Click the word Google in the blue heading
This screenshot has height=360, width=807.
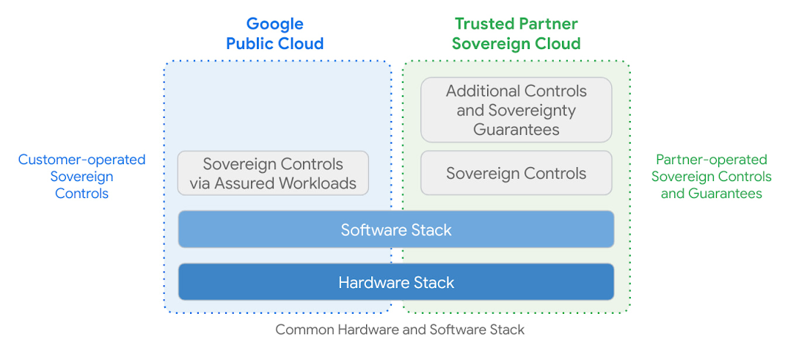(x=274, y=24)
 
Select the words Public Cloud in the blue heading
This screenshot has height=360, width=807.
(x=274, y=43)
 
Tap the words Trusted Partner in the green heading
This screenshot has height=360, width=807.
(x=516, y=24)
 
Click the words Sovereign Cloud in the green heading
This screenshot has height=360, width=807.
(x=516, y=43)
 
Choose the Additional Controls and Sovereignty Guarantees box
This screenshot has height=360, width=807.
(x=516, y=110)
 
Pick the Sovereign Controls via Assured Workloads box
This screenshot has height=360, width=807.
(x=273, y=174)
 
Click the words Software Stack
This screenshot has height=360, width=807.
(x=396, y=230)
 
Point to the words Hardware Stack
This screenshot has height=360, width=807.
(x=396, y=282)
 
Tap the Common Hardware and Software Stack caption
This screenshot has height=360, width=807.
(x=400, y=329)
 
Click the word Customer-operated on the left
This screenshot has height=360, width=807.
(x=81, y=160)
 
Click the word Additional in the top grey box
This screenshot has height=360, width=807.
(x=481, y=92)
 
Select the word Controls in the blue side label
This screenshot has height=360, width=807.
(x=81, y=194)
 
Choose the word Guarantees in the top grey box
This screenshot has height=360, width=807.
(x=516, y=130)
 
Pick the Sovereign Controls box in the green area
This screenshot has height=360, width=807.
(x=516, y=174)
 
